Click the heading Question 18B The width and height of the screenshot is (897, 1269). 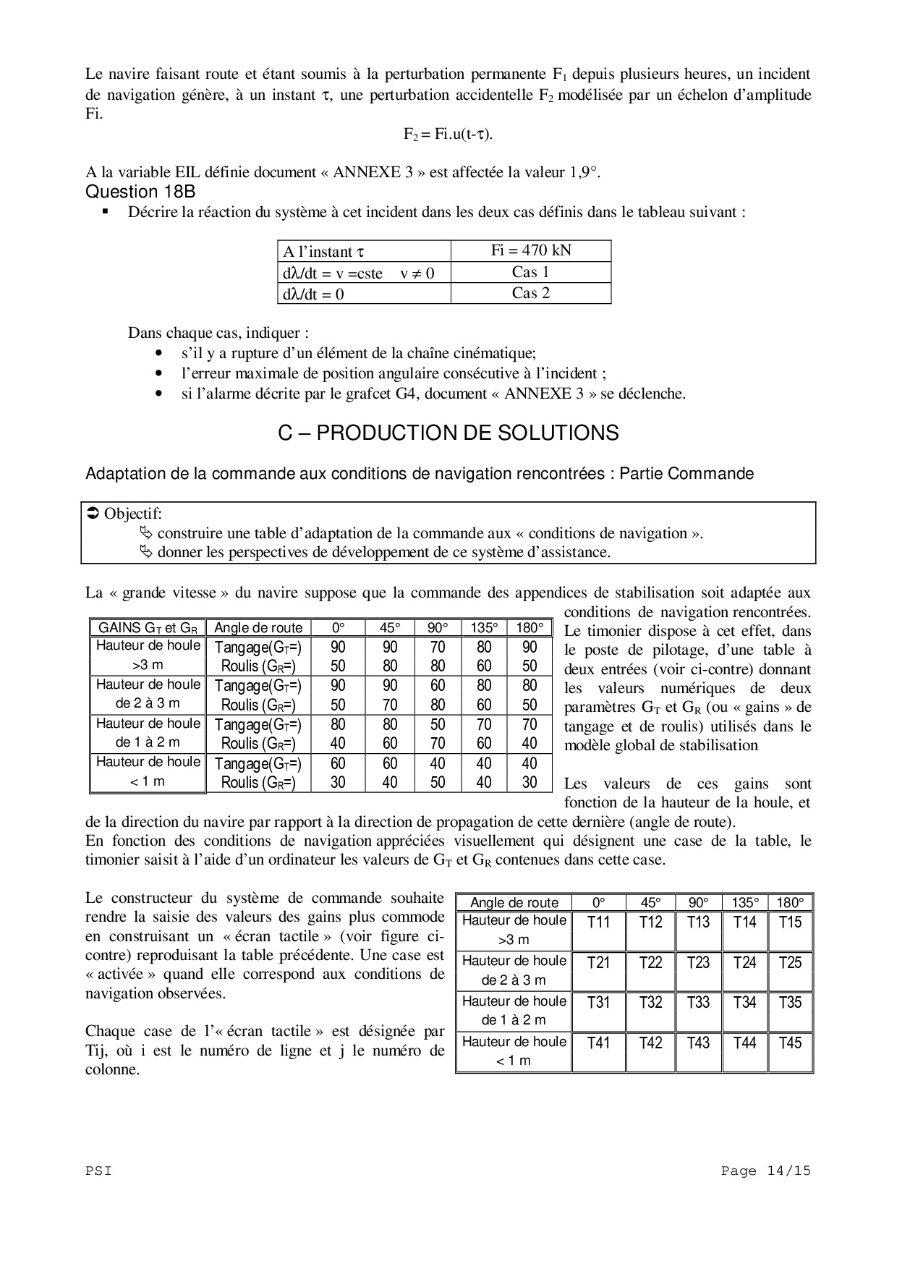[140, 192]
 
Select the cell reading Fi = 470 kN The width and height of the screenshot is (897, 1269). [531, 250]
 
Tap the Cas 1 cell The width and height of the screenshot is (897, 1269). [531, 272]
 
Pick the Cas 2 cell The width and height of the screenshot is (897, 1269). [531, 293]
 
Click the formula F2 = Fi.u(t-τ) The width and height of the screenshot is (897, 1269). [448, 134]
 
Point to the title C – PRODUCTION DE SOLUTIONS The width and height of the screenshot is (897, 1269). [448, 433]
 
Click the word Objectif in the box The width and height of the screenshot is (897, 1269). [132, 514]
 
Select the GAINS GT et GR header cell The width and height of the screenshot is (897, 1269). [148, 628]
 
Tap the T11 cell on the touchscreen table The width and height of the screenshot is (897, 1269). [598, 922]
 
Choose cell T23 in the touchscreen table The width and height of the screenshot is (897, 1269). [698, 963]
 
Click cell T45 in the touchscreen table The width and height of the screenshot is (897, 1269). [790, 1043]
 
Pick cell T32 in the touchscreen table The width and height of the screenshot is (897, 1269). [651, 1003]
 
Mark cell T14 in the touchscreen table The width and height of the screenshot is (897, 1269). [744, 922]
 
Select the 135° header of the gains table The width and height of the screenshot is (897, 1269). [484, 628]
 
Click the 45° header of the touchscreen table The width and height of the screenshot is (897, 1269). [651, 902]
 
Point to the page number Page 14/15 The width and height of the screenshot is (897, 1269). [766, 1171]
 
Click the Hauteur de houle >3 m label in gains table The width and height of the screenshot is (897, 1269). [148, 655]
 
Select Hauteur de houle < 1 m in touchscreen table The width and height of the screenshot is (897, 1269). [514, 1051]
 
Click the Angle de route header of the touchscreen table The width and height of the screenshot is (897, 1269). [514, 902]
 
